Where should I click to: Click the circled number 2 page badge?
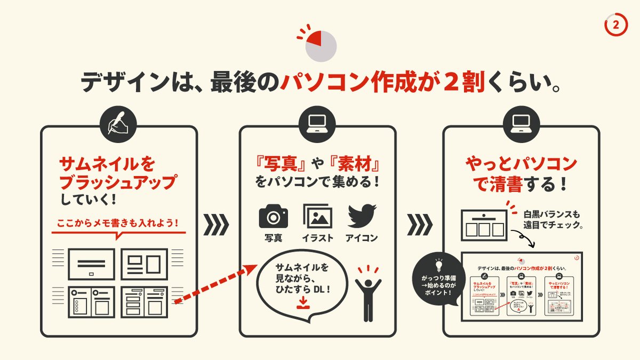click(615, 25)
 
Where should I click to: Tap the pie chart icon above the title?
click(320, 44)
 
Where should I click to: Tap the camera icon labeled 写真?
click(273, 216)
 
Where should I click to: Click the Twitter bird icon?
click(362, 215)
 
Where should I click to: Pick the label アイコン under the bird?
click(362, 238)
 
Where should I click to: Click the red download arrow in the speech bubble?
click(302, 302)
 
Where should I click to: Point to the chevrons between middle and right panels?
click(419, 225)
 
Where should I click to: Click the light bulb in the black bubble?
click(439, 265)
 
